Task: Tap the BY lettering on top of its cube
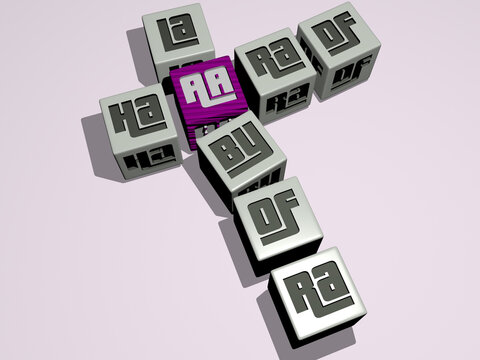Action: [x=240, y=152]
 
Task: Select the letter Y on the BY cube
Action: [x=251, y=156]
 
